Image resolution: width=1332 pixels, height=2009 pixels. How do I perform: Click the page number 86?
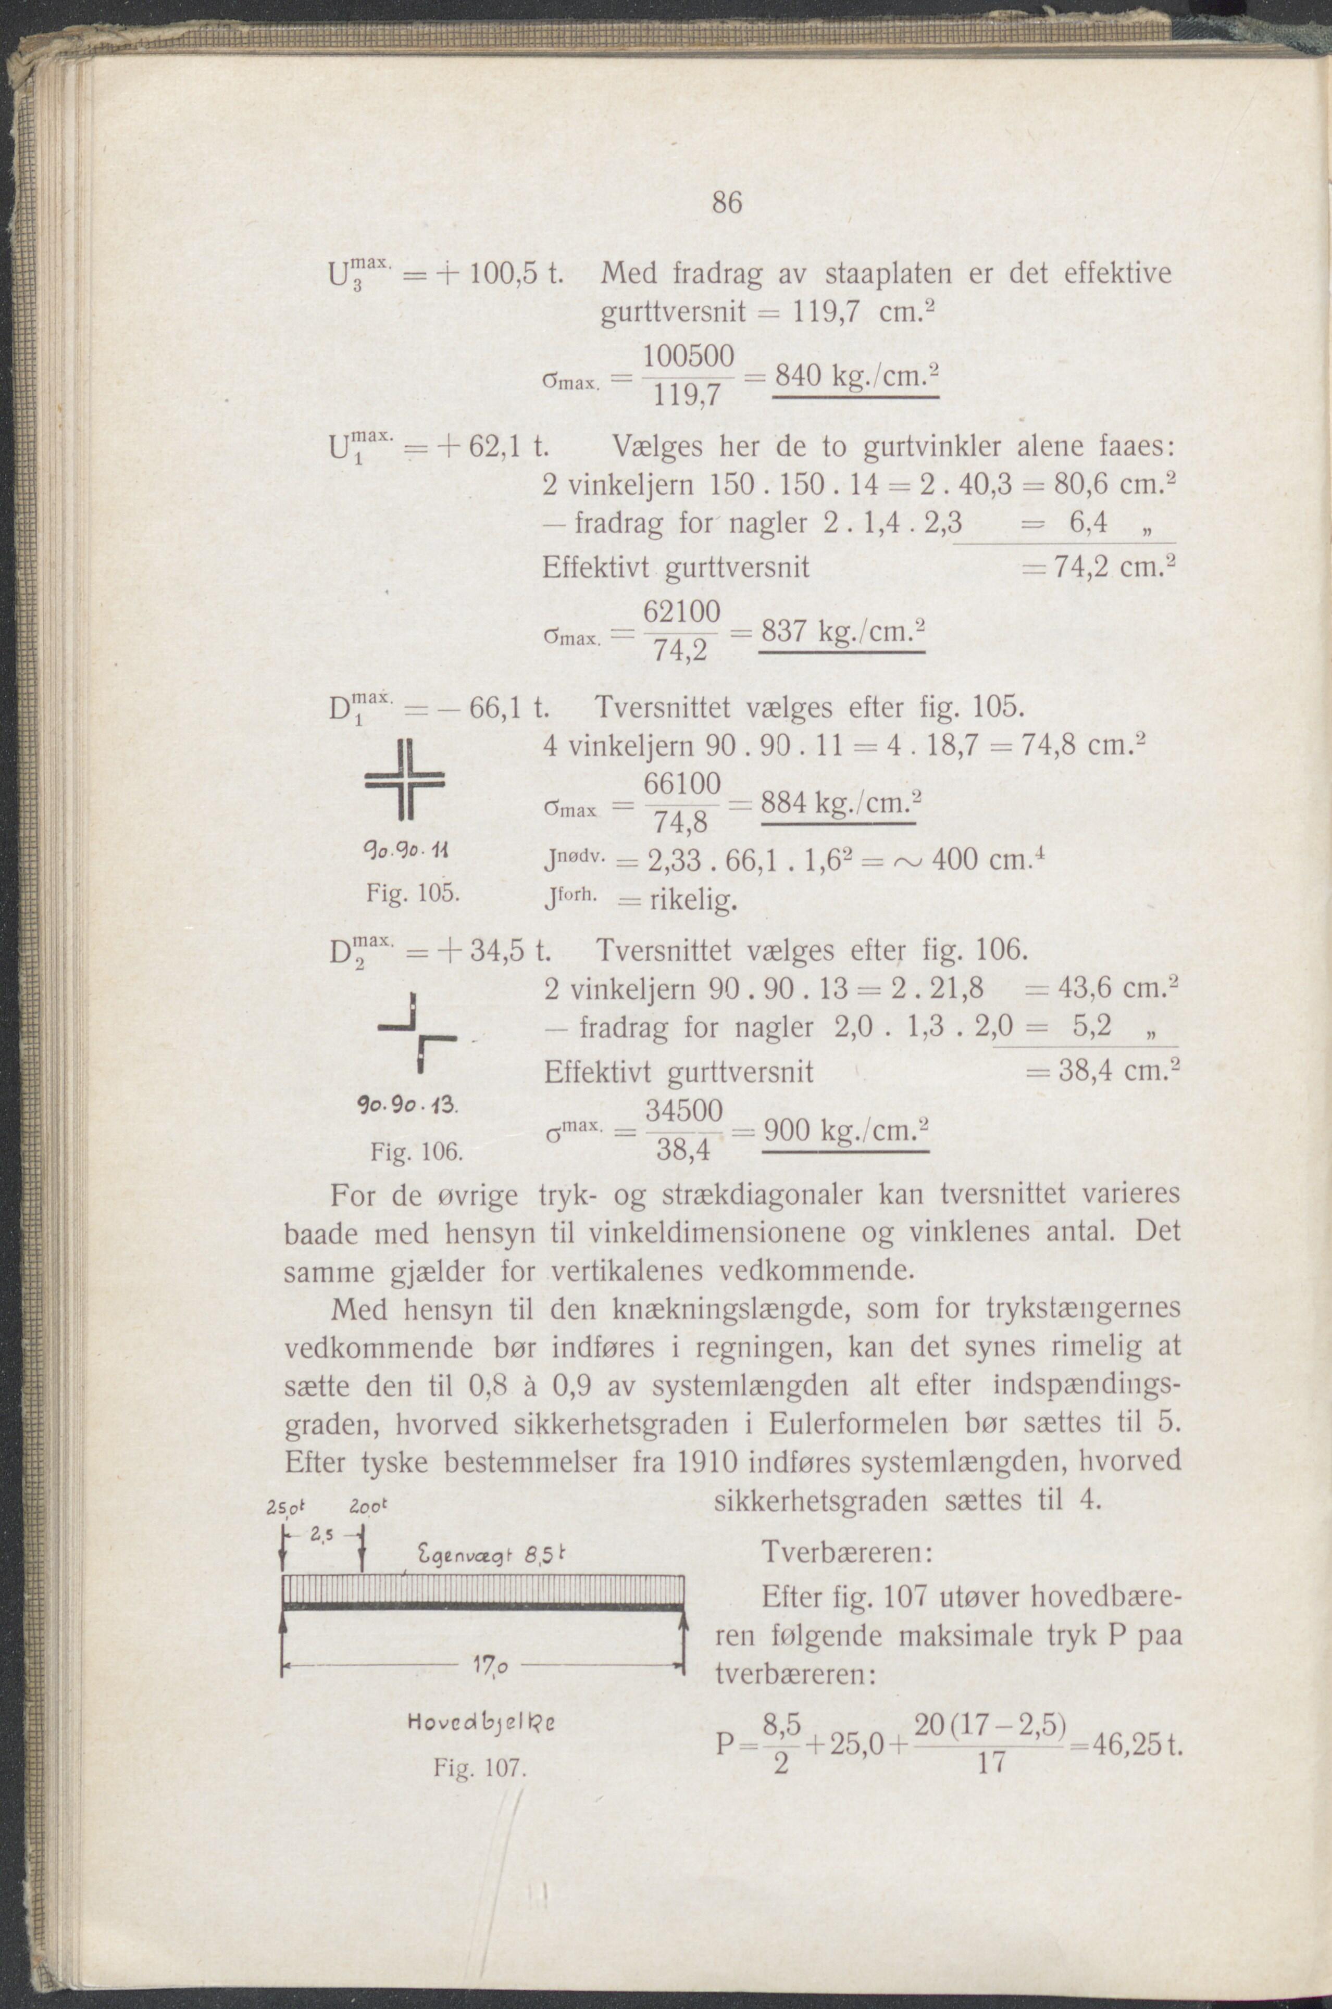click(727, 203)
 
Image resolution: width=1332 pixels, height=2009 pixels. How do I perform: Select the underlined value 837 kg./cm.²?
click(841, 633)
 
